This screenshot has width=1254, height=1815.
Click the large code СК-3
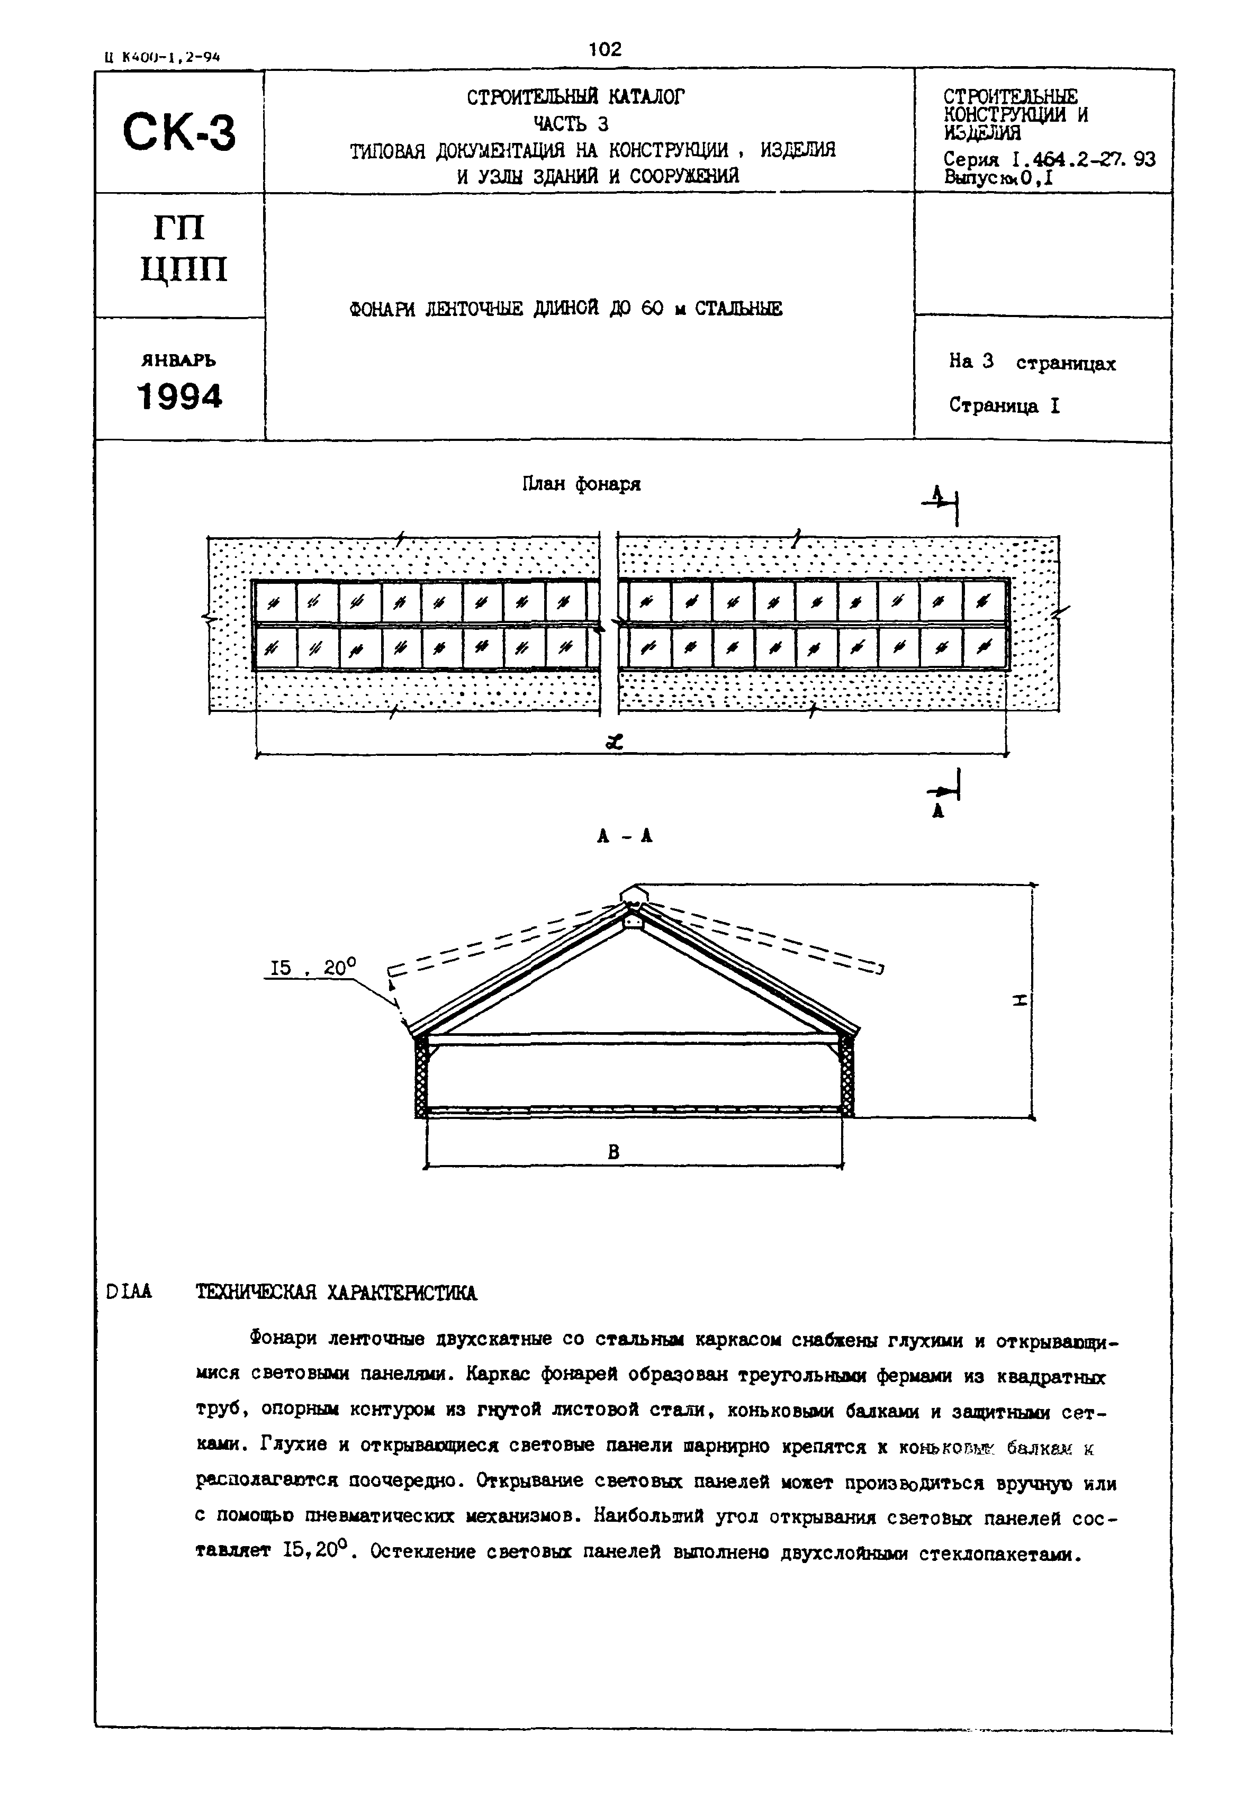(178, 131)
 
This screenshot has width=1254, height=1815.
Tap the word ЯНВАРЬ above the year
(178, 360)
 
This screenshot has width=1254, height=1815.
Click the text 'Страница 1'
(1004, 405)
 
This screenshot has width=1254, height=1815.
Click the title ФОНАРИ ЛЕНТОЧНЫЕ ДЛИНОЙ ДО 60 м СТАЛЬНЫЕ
(566, 309)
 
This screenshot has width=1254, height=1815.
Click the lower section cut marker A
(937, 812)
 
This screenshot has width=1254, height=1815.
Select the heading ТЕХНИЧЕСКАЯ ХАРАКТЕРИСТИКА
(336, 1293)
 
